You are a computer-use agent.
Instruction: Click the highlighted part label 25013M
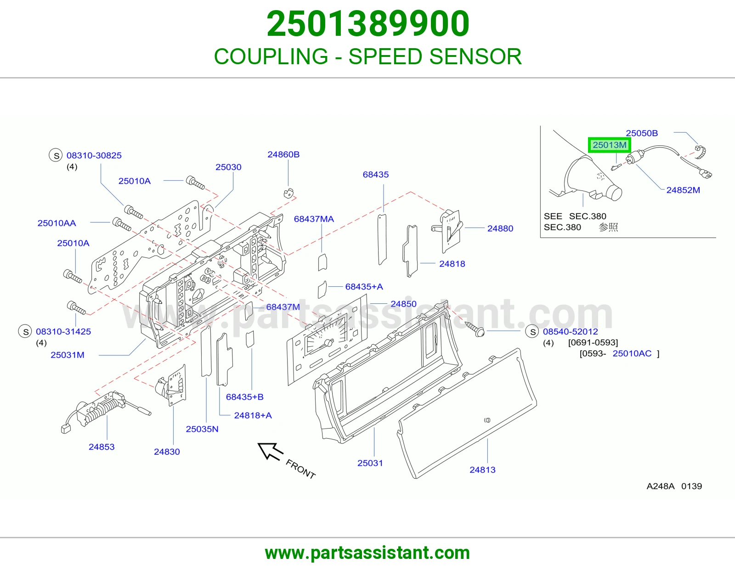click(610, 145)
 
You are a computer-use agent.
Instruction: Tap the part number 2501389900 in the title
click(367, 24)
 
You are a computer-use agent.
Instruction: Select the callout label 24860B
click(283, 155)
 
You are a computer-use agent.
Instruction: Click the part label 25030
click(228, 167)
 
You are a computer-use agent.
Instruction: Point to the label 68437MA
click(314, 219)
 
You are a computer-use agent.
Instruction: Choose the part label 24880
click(500, 229)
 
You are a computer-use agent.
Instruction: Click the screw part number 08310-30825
click(94, 156)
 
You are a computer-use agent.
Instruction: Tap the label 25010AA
click(57, 223)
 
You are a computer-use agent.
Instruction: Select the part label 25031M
click(68, 355)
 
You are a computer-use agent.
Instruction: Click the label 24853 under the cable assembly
click(102, 446)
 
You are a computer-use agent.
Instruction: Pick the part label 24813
click(482, 470)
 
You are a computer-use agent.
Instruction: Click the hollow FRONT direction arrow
click(270, 451)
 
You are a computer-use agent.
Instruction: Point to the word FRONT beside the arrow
click(301, 469)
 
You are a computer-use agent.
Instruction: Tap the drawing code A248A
click(661, 486)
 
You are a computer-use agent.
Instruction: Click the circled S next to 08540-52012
click(533, 332)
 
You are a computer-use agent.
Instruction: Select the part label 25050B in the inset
click(642, 133)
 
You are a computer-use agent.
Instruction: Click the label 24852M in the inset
click(683, 190)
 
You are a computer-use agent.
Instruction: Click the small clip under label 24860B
click(288, 193)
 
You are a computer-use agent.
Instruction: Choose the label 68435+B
click(244, 396)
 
